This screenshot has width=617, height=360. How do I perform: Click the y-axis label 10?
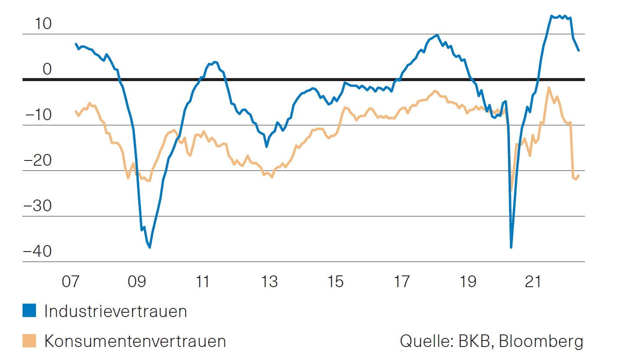tap(43, 24)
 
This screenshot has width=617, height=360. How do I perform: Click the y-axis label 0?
tap(47, 69)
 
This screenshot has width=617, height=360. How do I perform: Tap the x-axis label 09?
tap(137, 282)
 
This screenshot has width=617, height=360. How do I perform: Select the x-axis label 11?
tap(202, 282)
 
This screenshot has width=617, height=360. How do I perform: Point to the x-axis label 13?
tap(269, 282)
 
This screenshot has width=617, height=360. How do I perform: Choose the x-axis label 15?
tap(335, 282)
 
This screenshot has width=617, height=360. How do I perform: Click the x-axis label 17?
tap(402, 282)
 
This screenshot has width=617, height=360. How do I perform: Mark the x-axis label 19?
tap(467, 282)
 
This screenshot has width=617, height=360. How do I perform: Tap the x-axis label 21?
tap(533, 282)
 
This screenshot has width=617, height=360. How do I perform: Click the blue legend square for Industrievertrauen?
tap(29, 311)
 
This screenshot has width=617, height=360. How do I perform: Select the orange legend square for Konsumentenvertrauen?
tap(29, 340)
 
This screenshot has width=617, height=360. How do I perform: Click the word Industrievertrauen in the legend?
tap(115, 311)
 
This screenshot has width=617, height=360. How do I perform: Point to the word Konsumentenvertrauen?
tap(135, 341)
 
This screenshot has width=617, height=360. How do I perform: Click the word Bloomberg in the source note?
tap(541, 341)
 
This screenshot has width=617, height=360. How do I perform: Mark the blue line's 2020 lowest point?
tap(511, 247)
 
